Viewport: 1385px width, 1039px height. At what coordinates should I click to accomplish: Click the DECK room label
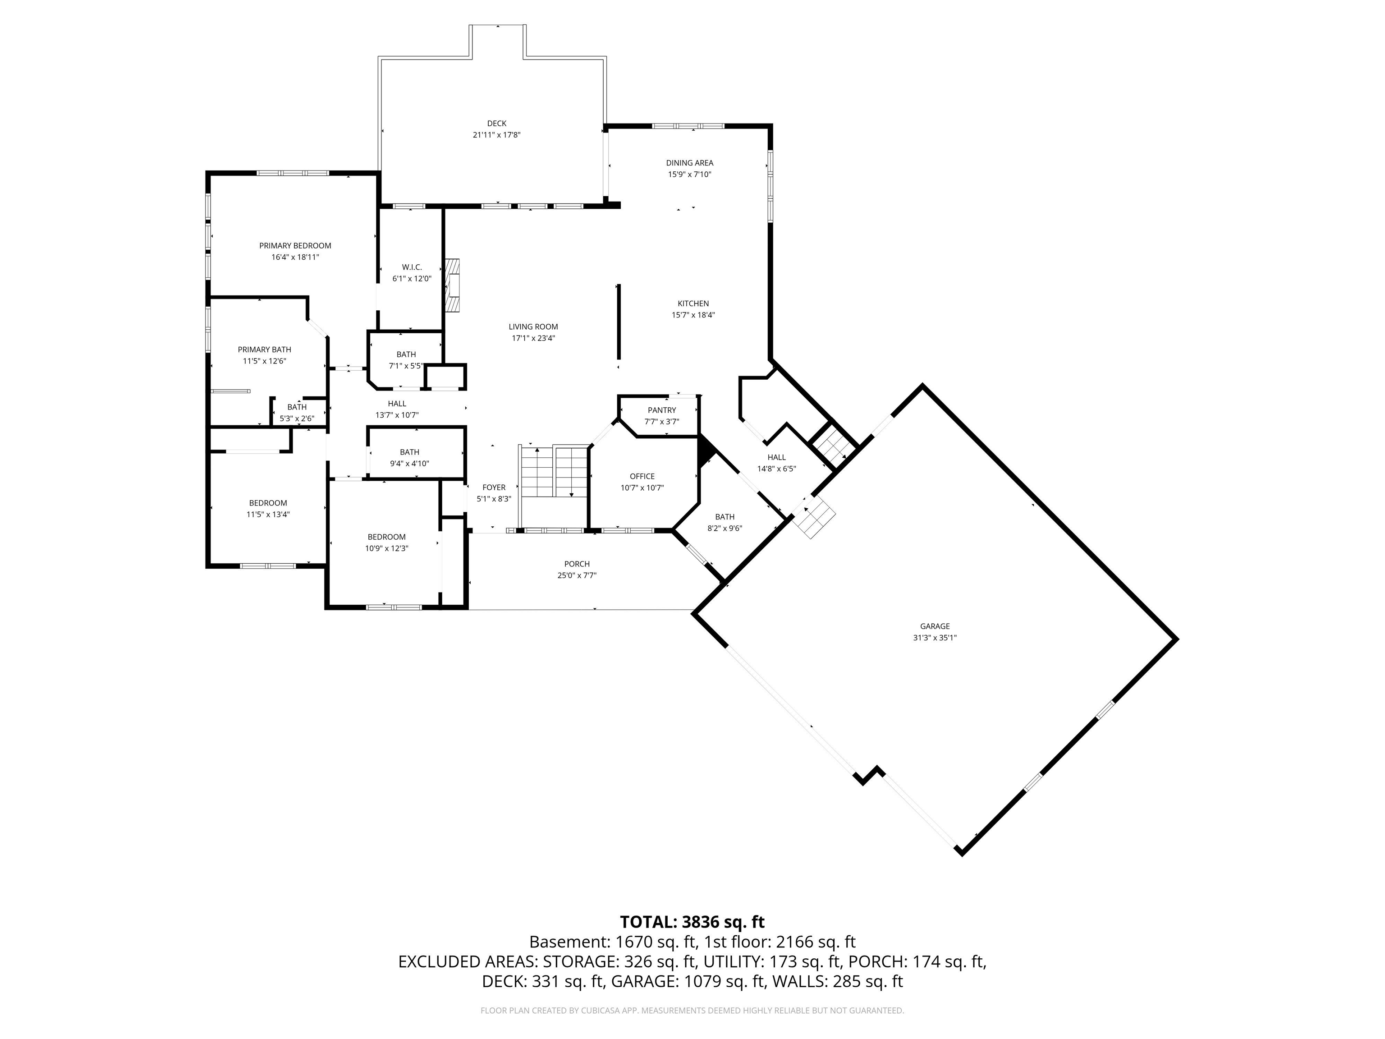coord(496,124)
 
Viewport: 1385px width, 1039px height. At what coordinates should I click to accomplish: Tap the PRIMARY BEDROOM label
coord(295,245)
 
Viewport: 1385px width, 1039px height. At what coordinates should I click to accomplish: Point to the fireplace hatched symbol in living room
coord(452,285)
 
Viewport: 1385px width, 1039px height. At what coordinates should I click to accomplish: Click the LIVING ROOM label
coord(533,326)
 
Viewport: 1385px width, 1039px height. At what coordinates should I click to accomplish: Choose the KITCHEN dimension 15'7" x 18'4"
coord(692,315)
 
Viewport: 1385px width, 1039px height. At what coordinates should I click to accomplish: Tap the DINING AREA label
coord(689,163)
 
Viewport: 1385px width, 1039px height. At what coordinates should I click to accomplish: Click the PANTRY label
coord(662,410)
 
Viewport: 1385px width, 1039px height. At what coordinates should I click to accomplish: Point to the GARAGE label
coord(935,626)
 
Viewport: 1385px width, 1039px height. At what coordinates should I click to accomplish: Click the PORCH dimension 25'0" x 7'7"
coord(577,575)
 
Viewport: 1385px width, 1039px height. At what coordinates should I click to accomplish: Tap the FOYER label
coord(493,487)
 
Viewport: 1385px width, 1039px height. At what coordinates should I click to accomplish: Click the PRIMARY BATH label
coord(264,349)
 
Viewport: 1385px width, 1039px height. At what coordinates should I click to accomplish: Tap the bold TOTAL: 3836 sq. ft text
coord(692,922)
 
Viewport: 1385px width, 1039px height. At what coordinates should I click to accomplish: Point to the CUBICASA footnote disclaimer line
coord(692,1010)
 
